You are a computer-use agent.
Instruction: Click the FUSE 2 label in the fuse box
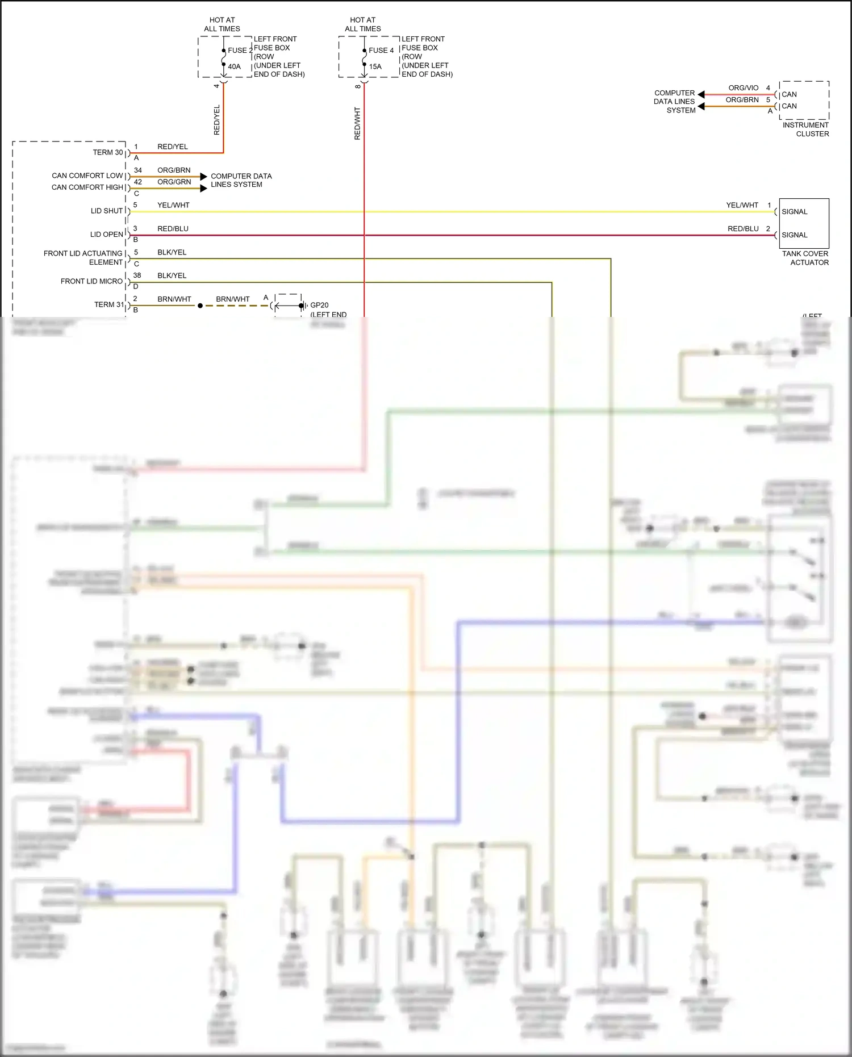(x=240, y=51)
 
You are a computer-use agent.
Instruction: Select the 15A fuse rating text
(x=375, y=66)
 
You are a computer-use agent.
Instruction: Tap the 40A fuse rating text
(x=234, y=66)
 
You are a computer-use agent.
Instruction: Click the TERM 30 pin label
(x=108, y=152)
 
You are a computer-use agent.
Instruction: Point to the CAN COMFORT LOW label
(x=87, y=176)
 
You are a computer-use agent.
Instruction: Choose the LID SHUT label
(x=107, y=211)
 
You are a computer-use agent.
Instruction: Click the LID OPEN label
(x=107, y=234)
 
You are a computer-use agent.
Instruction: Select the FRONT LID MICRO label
(x=91, y=281)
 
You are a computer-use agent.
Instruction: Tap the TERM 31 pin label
(x=109, y=304)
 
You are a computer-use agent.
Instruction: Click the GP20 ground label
(x=319, y=305)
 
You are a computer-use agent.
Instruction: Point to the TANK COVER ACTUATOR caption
(x=805, y=258)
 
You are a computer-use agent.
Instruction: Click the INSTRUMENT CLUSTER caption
(x=806, y=129)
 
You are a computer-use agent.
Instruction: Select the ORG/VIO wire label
(x=744, y=88)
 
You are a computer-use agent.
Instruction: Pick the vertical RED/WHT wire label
(x=357, y=123)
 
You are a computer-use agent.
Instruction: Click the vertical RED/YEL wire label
(x=216, y=120)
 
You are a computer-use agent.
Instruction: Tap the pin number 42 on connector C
(x=138, y=182)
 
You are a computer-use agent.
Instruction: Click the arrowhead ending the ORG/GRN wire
(x=204, y=188)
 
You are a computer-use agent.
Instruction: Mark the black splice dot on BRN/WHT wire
(x=200, y=306)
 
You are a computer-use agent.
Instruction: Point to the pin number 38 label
(x=137, y=275)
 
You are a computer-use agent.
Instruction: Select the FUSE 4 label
(x=381, y=51)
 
